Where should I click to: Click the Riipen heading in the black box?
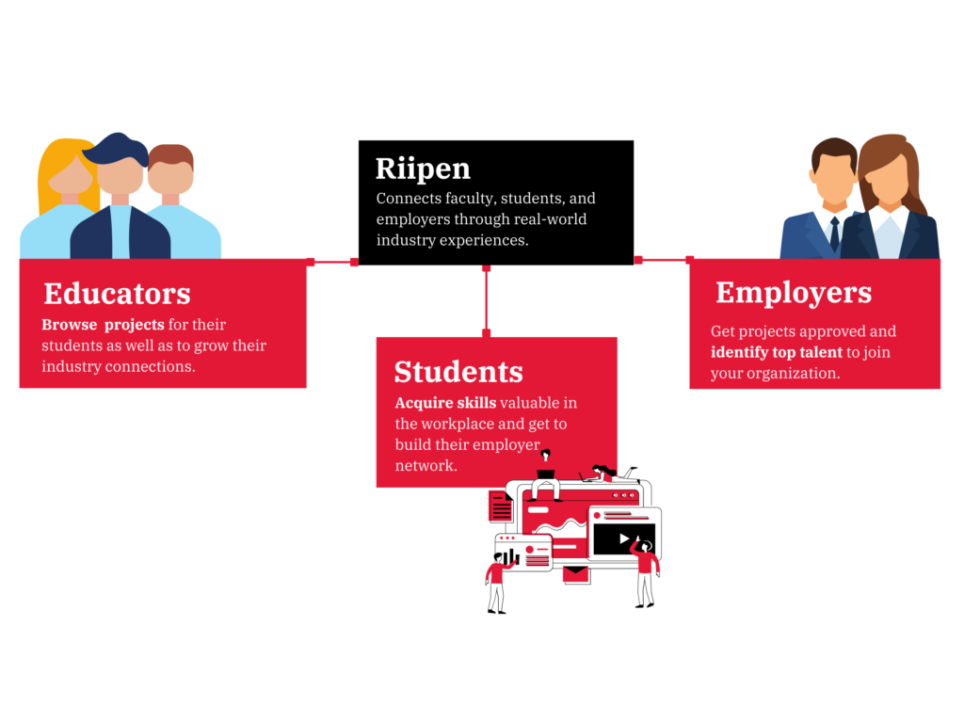pyautogui.click(x=423, y=169)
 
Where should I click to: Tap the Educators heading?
pyautogui.click(x=117, y=294)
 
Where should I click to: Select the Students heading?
pyautogui.click(x=458, y=372)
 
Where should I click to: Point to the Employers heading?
pyautogui.click(x=794, y=294)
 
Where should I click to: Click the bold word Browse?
pyautogui.click(x=70, y=325)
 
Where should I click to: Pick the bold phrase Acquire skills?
pyautogui.click(x=445, y=403)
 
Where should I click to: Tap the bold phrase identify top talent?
pyautogui.click(x=776, y=353)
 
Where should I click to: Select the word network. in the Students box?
pyautogui.click(x=426, y=466)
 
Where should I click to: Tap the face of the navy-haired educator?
pyautogui.click(x=120, y=175)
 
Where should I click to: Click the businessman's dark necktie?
pyautogui.click(x=834, y=233)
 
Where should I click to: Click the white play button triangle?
pyautogui.click(x=625, y=538)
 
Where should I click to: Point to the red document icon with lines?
pyautogui.click(x=501, y=506)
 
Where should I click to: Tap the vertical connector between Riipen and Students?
pyautogui.click(x=487, y=300)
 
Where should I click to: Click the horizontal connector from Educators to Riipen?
pyautogui.click(x=332, y=262)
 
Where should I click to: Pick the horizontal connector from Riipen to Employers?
pyautogui.click(x=664, y=260)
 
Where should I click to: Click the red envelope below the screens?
pyautogui.click(x=577, y=574)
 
